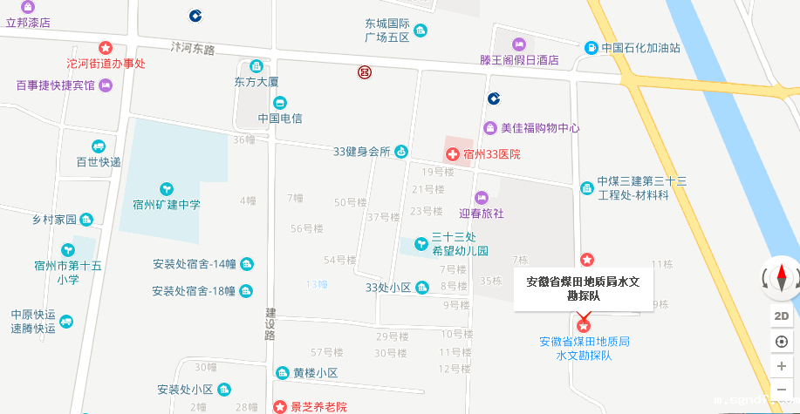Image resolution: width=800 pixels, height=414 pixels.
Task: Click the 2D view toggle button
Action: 782,316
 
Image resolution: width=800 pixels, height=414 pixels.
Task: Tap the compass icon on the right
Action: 781,279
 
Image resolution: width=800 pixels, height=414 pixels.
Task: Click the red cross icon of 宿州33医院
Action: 453,154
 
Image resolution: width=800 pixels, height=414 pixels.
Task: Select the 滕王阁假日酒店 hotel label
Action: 519,61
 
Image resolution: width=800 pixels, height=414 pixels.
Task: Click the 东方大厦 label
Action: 256,82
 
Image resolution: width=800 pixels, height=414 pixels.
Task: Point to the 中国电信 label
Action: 280,118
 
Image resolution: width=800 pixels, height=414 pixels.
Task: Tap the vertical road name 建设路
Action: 270,323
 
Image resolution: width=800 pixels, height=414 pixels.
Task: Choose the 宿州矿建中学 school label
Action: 166,205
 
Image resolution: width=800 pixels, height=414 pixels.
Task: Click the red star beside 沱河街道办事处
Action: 106,48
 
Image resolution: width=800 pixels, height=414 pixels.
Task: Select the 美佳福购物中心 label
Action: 540,127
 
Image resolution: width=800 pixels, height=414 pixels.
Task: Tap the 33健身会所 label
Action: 361,151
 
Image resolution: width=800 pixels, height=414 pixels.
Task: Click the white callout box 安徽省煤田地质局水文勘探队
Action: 584,288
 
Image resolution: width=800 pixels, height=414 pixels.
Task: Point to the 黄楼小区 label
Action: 314,373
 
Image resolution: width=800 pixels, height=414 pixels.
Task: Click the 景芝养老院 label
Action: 318,406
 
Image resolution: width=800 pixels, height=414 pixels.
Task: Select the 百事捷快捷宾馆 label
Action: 55,85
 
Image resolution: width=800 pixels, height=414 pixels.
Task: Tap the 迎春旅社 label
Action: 482,212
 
